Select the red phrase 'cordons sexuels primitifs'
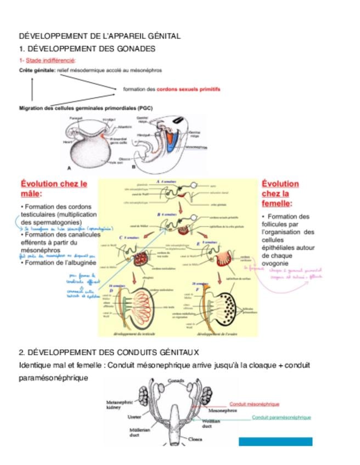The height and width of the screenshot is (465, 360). point(188,89)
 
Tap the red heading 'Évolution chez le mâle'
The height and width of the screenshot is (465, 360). point(54,189)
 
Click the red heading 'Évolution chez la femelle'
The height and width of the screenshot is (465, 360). point(280,194)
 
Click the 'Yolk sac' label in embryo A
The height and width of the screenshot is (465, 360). point(115,162)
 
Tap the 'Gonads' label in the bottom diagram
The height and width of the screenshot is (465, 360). point(176,381)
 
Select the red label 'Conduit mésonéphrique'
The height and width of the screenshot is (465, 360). point(254,404)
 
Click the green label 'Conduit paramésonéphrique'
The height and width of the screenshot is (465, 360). point(281,417)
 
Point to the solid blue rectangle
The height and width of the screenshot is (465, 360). point(275,441)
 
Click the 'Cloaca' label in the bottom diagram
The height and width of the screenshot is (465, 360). point(196,439)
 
